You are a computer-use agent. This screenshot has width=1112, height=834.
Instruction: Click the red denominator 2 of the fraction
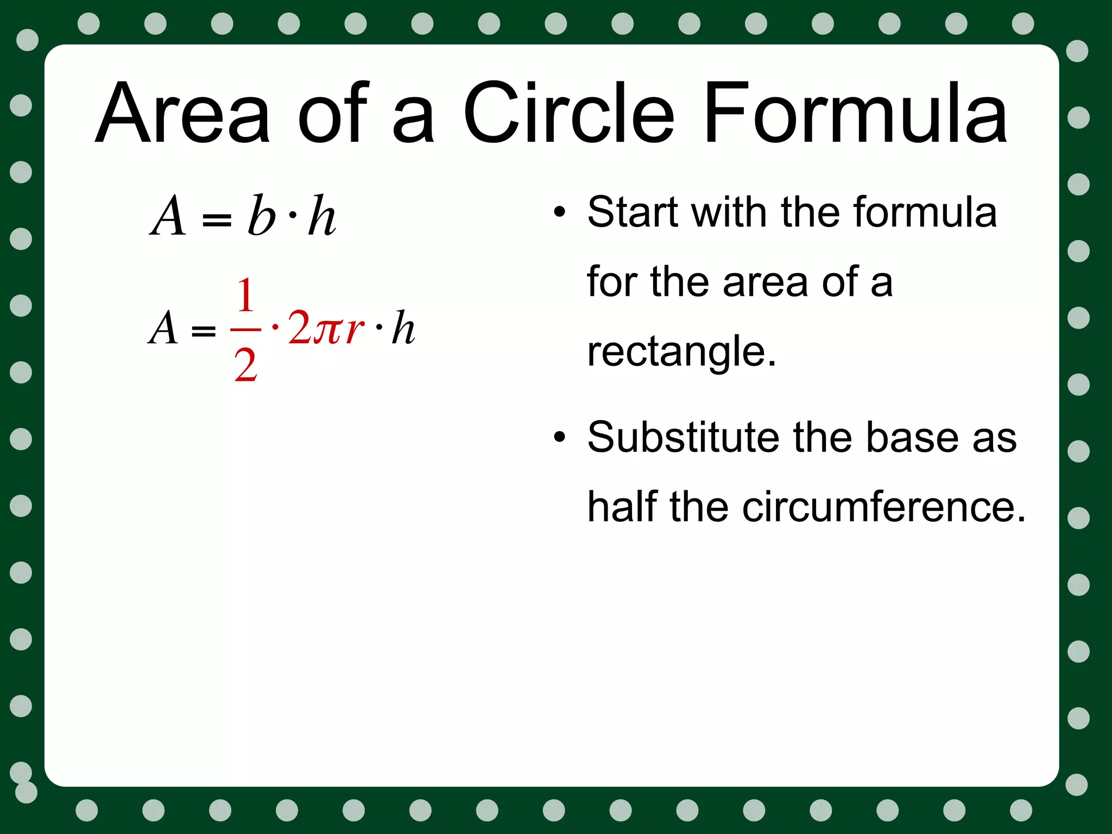[x=245, y=365]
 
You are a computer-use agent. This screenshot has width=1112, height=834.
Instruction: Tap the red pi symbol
[x=328, y=328]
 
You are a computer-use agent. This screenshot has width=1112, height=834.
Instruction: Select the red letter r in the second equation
[x=354, y=328]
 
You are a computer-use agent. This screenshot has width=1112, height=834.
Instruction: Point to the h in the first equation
[x=321, y=216]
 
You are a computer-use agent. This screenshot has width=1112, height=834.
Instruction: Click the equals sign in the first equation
[x=216, y=219]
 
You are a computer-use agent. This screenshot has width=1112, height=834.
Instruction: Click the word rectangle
[x=681, y=352]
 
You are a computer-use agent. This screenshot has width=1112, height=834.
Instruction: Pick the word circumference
[x=883, y=507]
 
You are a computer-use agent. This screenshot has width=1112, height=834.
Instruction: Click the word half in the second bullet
[x=622, y=507]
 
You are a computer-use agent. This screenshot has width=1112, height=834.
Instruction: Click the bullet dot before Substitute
[x=559, y=437]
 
